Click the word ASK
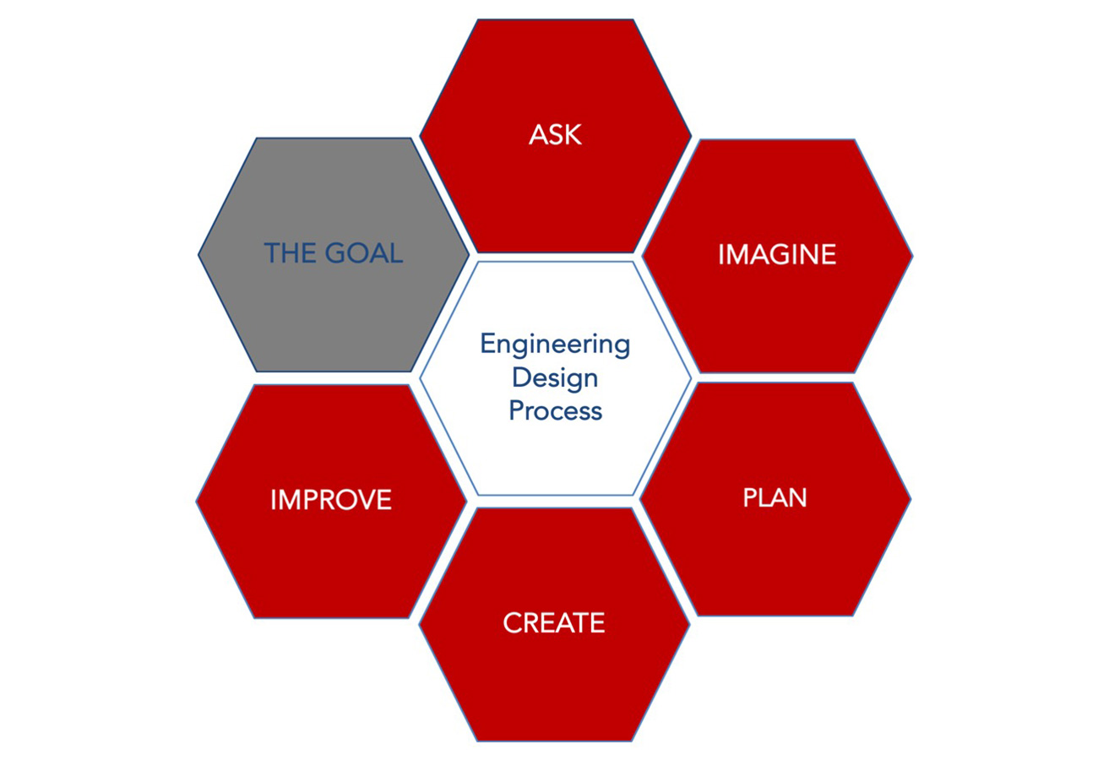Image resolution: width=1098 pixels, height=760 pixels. point(556,134)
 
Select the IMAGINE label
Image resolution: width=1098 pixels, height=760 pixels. point(777,254)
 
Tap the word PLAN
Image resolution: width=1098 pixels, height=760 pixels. point(775,497)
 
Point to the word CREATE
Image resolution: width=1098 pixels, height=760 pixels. point(554,622)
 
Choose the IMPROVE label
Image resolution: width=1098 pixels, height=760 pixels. point(331,500)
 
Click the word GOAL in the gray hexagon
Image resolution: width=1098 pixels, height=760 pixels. point(364,252)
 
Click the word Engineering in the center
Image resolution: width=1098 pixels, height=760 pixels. point(556,345)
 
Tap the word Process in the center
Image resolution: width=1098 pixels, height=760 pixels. point(556,410)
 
